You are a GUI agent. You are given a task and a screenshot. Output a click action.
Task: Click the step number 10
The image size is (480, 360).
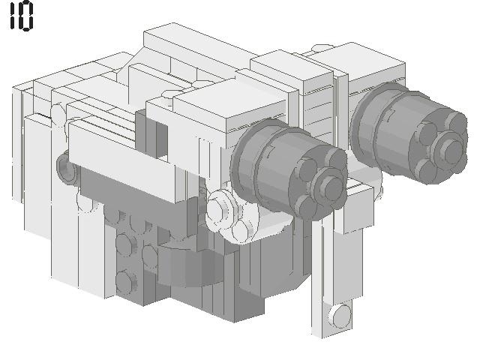point(21,16)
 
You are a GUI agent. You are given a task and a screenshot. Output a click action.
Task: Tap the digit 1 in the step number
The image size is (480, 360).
point(12,16)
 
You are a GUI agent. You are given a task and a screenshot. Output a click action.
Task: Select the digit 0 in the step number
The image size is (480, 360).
point(26,16)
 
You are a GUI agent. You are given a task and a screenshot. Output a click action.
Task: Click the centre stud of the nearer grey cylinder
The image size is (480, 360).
point(328,181)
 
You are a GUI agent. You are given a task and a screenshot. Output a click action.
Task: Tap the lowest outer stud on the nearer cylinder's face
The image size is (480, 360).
point(306,205)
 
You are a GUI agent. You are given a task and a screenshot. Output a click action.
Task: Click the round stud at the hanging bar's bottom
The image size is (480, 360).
point(341,313)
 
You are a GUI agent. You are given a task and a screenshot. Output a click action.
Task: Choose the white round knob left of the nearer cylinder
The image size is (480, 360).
point(219,206)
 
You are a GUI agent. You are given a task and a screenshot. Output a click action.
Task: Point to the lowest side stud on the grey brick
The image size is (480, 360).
point(124,281)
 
